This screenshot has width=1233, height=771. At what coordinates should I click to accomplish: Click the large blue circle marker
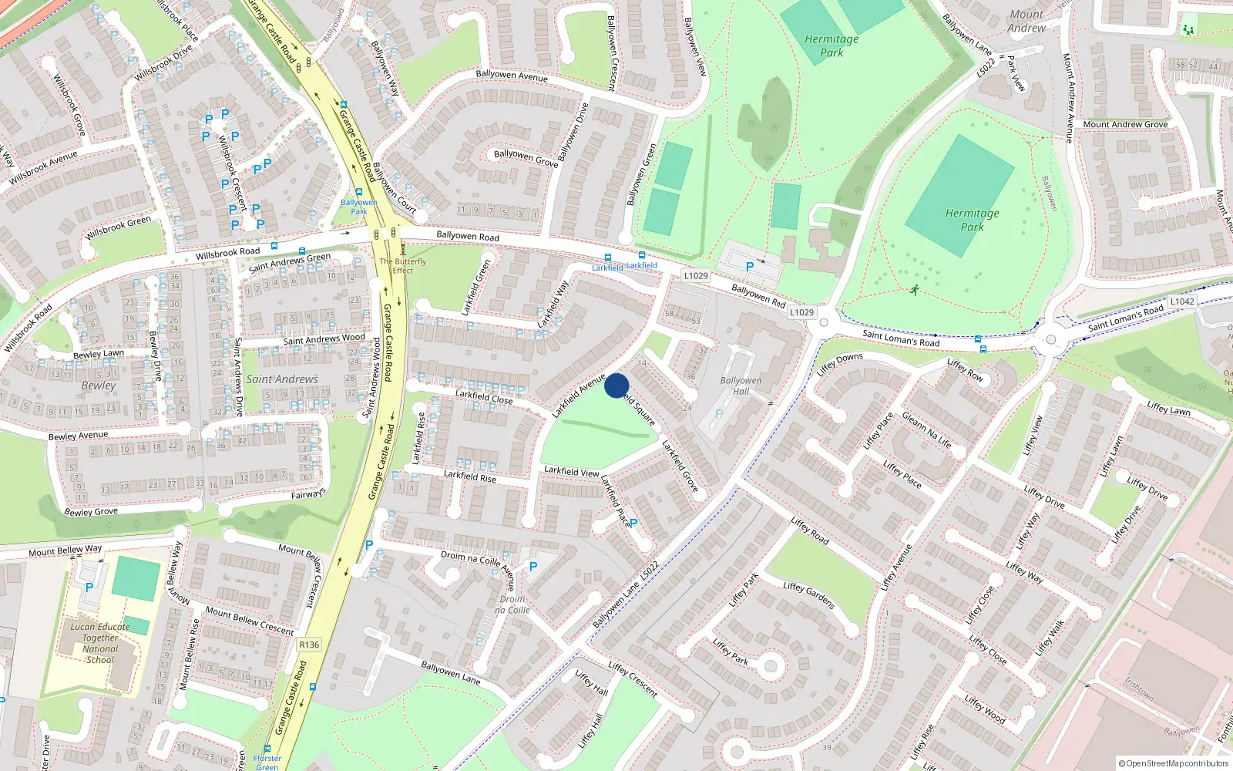[616, 385]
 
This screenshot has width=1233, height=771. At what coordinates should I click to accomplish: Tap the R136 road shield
[309, 645]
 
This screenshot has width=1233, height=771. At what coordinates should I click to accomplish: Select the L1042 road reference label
[1181, 301]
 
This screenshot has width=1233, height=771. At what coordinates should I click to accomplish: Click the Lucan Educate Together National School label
[100, 643]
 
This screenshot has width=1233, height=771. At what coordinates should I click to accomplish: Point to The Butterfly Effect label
[402, 266]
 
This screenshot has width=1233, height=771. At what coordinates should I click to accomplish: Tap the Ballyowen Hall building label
[741, 385]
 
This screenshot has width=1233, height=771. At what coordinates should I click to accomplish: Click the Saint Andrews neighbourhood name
[282, 379]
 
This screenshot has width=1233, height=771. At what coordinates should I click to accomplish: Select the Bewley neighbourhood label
[99, 385]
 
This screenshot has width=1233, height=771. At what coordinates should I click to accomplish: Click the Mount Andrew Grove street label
[1125, 124]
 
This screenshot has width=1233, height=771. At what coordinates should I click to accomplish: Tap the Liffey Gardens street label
[808, 595]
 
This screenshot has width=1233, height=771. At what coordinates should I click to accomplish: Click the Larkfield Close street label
[483, 397]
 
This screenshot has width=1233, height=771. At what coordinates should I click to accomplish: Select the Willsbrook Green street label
[119, 227]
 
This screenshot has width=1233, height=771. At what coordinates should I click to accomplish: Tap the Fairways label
[308, 494]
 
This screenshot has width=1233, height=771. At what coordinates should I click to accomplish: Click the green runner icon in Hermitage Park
[914, 291]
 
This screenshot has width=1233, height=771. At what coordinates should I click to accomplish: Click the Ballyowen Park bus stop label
[359, 207]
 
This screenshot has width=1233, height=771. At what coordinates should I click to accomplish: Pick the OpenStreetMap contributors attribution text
[1174, 763]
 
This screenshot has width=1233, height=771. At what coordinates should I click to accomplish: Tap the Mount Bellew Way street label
[66, 550]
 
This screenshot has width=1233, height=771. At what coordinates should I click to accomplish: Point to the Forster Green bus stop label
[267, 763]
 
